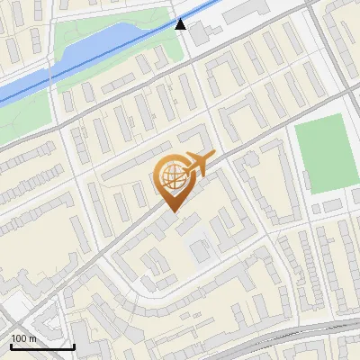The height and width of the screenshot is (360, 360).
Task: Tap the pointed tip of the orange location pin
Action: (171, 211)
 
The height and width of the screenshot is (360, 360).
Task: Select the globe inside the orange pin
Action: (171, 177)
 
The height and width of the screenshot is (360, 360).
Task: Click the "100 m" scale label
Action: (23, 338)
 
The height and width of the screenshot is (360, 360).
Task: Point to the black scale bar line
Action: (41, 346)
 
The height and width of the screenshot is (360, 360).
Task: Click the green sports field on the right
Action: (323, 154)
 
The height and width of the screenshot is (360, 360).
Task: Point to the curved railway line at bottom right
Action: (306, 331)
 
